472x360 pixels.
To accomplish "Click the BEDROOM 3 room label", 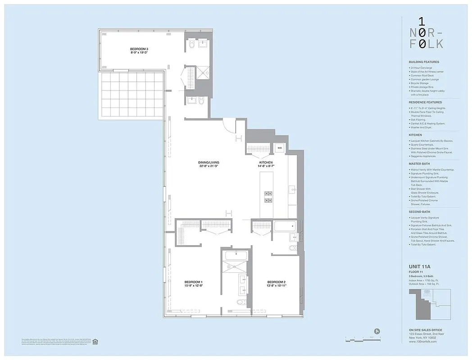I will [x=139, y=49].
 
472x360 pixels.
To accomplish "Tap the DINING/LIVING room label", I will [x=209, y=162].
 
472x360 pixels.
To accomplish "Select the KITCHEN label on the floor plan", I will [x=266, y=162].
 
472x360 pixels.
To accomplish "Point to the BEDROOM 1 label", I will [x=193, y=282].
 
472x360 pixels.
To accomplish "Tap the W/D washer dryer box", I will [x=279, y=148].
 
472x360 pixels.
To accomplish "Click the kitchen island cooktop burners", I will [x=268, y=196].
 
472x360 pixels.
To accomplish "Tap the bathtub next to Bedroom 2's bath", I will [x=285, y=225].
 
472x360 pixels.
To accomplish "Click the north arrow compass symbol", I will [x=377, y=332].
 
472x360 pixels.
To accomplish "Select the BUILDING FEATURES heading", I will [x=424, y=62].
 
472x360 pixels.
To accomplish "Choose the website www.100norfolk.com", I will [x=423, y=342].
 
